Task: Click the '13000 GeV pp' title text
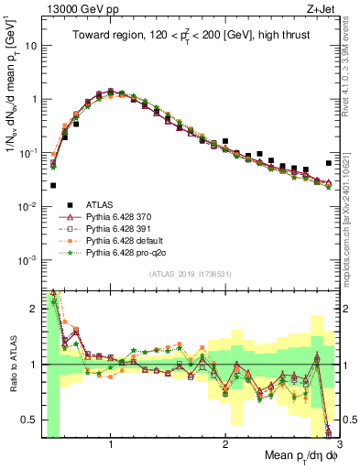(x=74, y=8)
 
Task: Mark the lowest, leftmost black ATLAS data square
(x=53, y=185)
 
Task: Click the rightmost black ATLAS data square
(x=329, y=163)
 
